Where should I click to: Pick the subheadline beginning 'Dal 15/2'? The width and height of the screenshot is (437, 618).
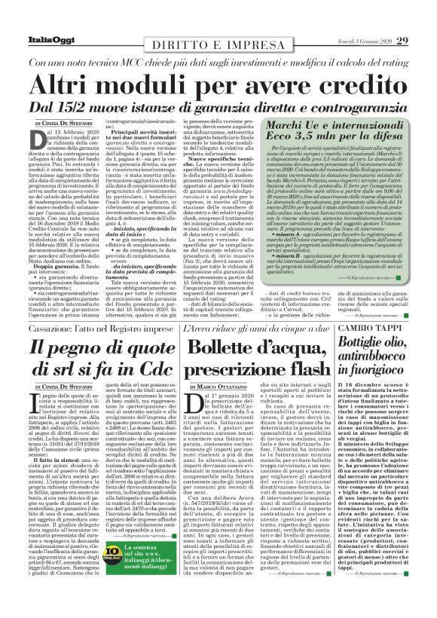(218, 109)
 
